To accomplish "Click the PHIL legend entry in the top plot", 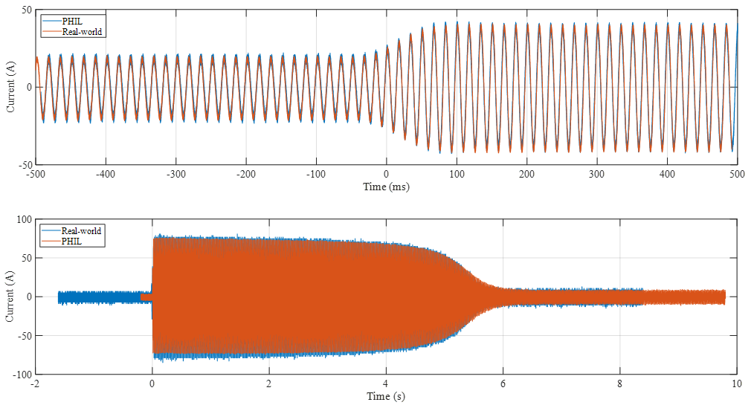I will (x=73, y=21).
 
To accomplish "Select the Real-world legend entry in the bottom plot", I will (x=82, y=230).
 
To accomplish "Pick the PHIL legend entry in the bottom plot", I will (x=73, y=242).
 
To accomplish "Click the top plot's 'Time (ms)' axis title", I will (x=386, y=187).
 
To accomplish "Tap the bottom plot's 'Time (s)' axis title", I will (x=386, y=397).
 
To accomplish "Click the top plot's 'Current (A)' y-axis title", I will (x=10, y=87).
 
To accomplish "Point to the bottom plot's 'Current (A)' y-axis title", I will (x=10, y=297).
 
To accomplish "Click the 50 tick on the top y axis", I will (x=26, y=10).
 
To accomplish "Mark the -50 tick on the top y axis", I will (x=25, y=164).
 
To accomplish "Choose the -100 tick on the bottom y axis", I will (x=22, y=374).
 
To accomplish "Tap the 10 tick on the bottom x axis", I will (x=736, y=384).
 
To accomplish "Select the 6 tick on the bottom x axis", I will (x=503, y=384).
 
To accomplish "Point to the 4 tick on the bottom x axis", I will (x=386, y=384).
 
